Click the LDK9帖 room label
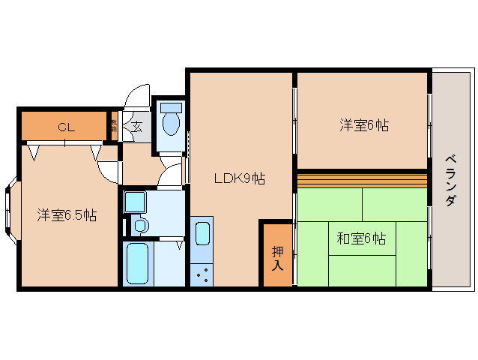tap(239, 178)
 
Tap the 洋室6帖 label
tap(363, 125)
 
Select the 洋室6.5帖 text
tap(67, 215)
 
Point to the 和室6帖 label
tap(361, 238)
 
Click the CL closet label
tap(67, 127)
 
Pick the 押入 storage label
tap(277, 258)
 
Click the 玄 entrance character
tap(137, 126)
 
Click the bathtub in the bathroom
tap(139, 262)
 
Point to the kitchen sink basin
tap(202, 233)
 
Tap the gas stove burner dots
tap(202, 274)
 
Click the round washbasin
tap(139, 225)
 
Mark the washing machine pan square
tap(136, 201)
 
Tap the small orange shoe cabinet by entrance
tap(114, 125)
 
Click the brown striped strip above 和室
tap(363, 180)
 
